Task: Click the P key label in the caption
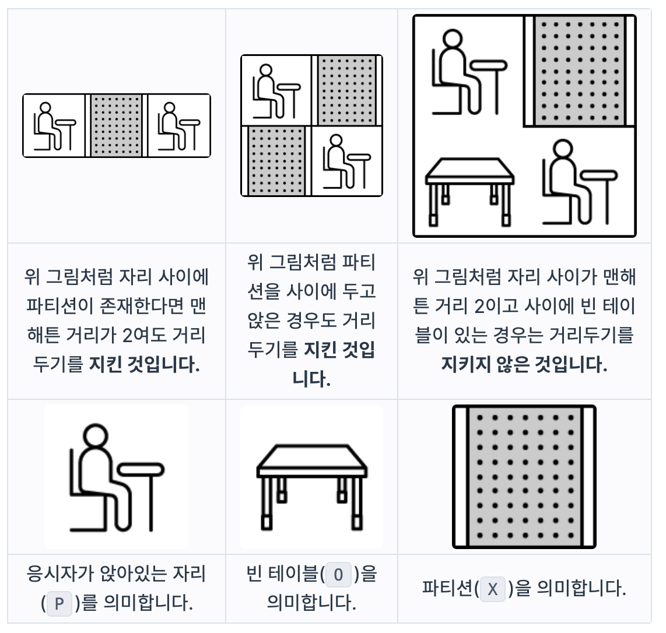(x=59, y=603)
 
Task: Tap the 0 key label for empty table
(x=338, y=574)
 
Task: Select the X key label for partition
(x=493, y=589)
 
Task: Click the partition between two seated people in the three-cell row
(x=117, y=126)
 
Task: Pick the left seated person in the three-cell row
(x=54, y=126)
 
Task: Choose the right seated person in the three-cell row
(x=178, y=126)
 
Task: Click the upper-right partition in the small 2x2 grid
(x=346, y=90)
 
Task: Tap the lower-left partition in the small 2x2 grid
(x=276, y=161)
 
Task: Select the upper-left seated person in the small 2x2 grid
(x=276, y=92)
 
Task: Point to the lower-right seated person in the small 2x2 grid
(x=346, y=161)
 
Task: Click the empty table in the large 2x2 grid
(x=469, y=191)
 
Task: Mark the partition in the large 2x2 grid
(x=579, y=71)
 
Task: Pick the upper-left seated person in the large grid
(x=469, y=72)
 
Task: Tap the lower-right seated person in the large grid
(x=580, y=182)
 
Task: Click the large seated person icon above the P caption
(x=117, y=477)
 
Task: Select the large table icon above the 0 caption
(x=312, y=487)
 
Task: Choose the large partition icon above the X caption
(x=524, y=477)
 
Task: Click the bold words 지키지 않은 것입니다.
(x=524, y=364)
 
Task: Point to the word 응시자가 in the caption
(x=60, y=574)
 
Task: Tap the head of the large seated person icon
(x=95, y=436)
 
